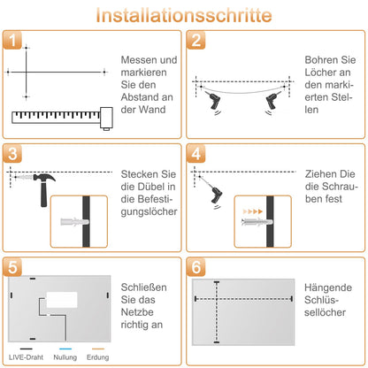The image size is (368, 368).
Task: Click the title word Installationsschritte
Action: click(184, 15)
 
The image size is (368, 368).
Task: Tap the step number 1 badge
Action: click(12, 40)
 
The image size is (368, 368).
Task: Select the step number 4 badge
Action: click(196, 153)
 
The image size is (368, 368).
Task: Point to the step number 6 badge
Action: click(196, 267)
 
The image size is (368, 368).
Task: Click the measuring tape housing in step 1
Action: click(106, 119)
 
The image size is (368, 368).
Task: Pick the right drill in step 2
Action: click(272, 101)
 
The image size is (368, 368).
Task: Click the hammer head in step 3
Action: click(44, 178)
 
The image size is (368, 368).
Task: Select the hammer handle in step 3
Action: click(43, 194)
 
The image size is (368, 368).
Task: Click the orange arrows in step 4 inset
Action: click(253, 211)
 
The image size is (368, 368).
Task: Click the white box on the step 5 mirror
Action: click(62, 300)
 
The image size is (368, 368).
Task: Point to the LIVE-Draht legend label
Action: click(26, 357)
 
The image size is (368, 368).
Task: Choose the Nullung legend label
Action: click(65, 357)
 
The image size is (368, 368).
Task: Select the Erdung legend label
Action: click(97, 357)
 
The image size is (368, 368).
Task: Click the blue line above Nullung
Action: click(65, 349)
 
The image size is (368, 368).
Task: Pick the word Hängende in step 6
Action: click(328, 287)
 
